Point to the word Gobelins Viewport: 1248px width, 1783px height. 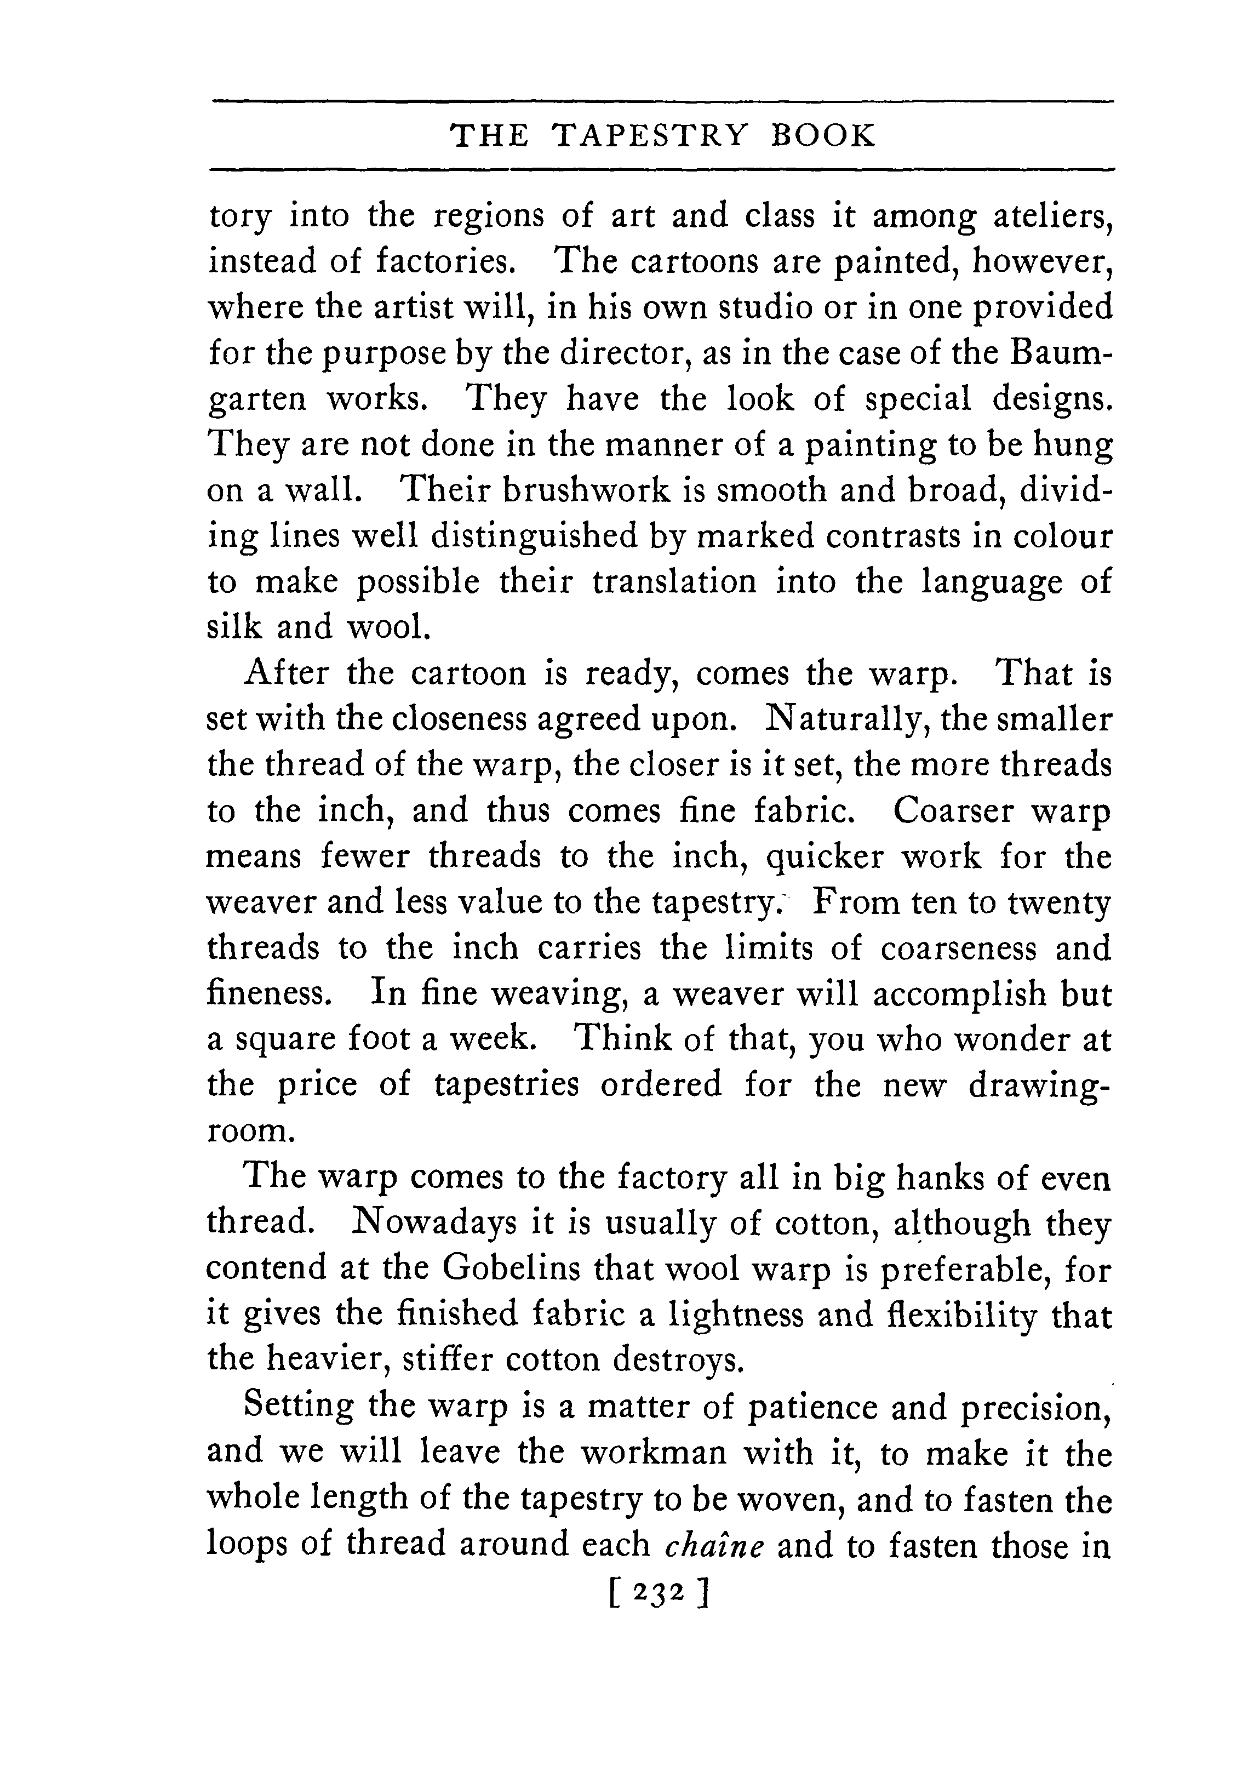coord(511,1269)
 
